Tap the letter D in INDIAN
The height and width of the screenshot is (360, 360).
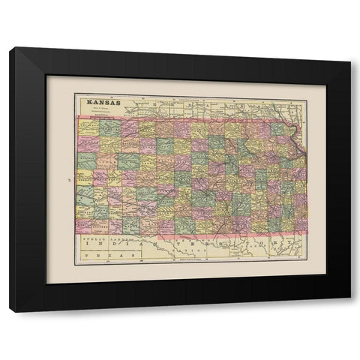coord(154,244)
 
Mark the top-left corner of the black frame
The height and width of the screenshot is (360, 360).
coord(10,47)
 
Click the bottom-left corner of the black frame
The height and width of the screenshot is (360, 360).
coord(10,311)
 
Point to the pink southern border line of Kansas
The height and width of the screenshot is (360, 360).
coord(187,233)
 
